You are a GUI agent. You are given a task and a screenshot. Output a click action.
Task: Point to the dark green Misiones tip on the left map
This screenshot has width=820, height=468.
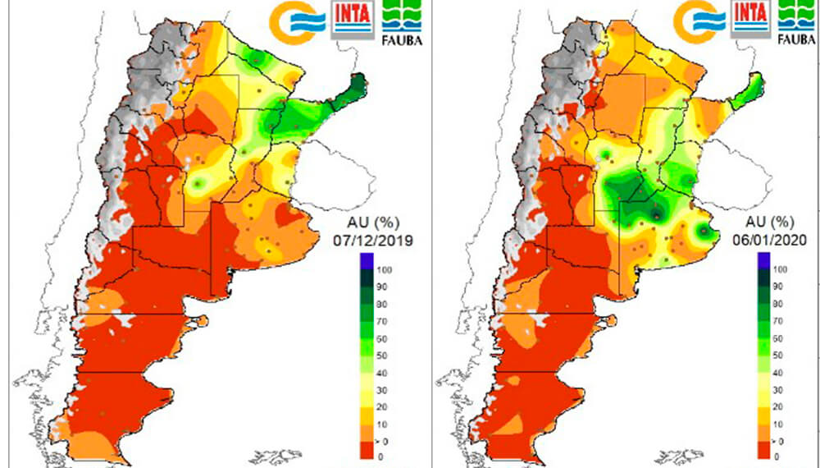(353, 87)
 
